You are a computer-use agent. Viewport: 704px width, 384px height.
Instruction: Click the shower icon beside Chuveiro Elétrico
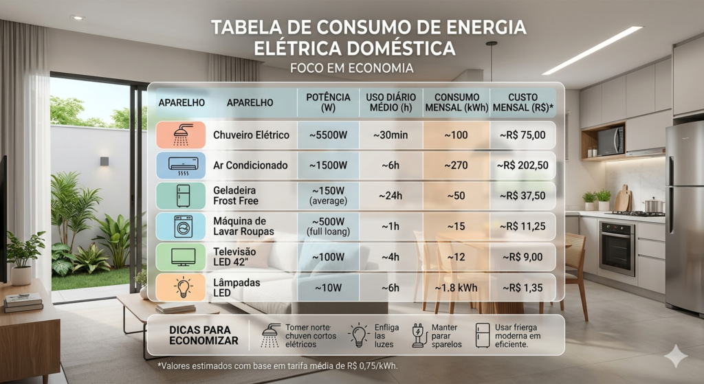click(181, 135)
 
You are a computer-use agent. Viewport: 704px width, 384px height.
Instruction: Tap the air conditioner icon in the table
click(181, 165)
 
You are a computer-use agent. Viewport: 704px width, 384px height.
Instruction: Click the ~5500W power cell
click(328, 135)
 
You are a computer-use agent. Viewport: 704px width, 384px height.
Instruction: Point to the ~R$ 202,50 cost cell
click(522, 166)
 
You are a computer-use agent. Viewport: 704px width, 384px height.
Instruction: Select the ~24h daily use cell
click(390, 196)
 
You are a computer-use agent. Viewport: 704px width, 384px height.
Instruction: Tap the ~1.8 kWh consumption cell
click(456, 287)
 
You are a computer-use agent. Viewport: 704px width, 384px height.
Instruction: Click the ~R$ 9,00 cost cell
click(522, 257)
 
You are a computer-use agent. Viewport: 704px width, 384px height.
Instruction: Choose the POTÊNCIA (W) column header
click(328, 102)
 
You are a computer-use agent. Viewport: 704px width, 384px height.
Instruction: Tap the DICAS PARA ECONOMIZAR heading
click(203, 335)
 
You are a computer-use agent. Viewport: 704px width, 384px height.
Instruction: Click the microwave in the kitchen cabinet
click(610, 142)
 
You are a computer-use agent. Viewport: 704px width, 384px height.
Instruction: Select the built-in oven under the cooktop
click(617, 248)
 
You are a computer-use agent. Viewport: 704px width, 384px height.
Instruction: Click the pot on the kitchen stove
click(653, 205)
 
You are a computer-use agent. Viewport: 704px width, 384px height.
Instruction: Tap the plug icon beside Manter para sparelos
click(417, 335)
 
